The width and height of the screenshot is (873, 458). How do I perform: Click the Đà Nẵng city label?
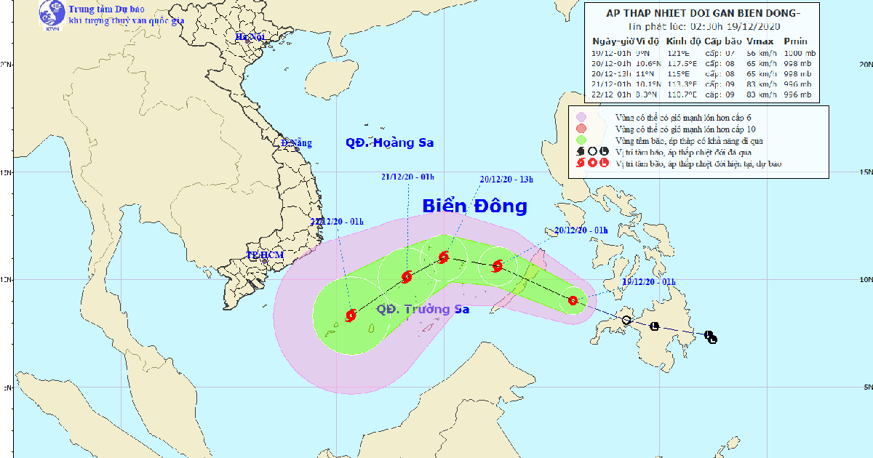[296, 143]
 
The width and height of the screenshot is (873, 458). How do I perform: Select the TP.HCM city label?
[264, 255]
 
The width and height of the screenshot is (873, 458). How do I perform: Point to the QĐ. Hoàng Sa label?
[389, 143]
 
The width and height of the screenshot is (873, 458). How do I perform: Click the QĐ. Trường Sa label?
[423, 310]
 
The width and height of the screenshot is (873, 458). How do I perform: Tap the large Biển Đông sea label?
[474, 206]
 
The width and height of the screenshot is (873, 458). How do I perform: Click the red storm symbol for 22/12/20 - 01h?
[351, 316]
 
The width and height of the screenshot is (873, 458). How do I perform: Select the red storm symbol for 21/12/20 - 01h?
[406, 276]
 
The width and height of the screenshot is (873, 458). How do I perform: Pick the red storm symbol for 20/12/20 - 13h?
[444, 257]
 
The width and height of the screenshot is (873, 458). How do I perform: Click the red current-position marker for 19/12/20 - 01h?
[573, 300]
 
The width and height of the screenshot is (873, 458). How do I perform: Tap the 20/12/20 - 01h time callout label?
[581, 230]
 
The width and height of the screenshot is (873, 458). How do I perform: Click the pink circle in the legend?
[581, 116]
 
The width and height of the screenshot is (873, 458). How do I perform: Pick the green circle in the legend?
[581, 140]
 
